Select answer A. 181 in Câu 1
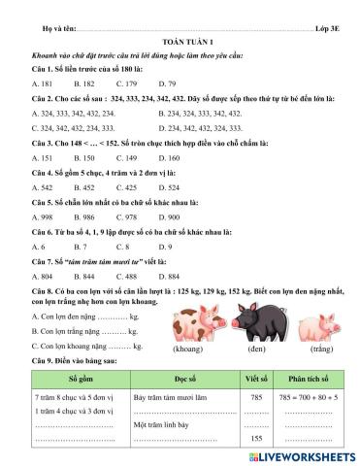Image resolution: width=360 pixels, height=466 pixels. coord(43,84)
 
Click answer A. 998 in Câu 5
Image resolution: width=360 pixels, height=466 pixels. coord(43,217)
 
